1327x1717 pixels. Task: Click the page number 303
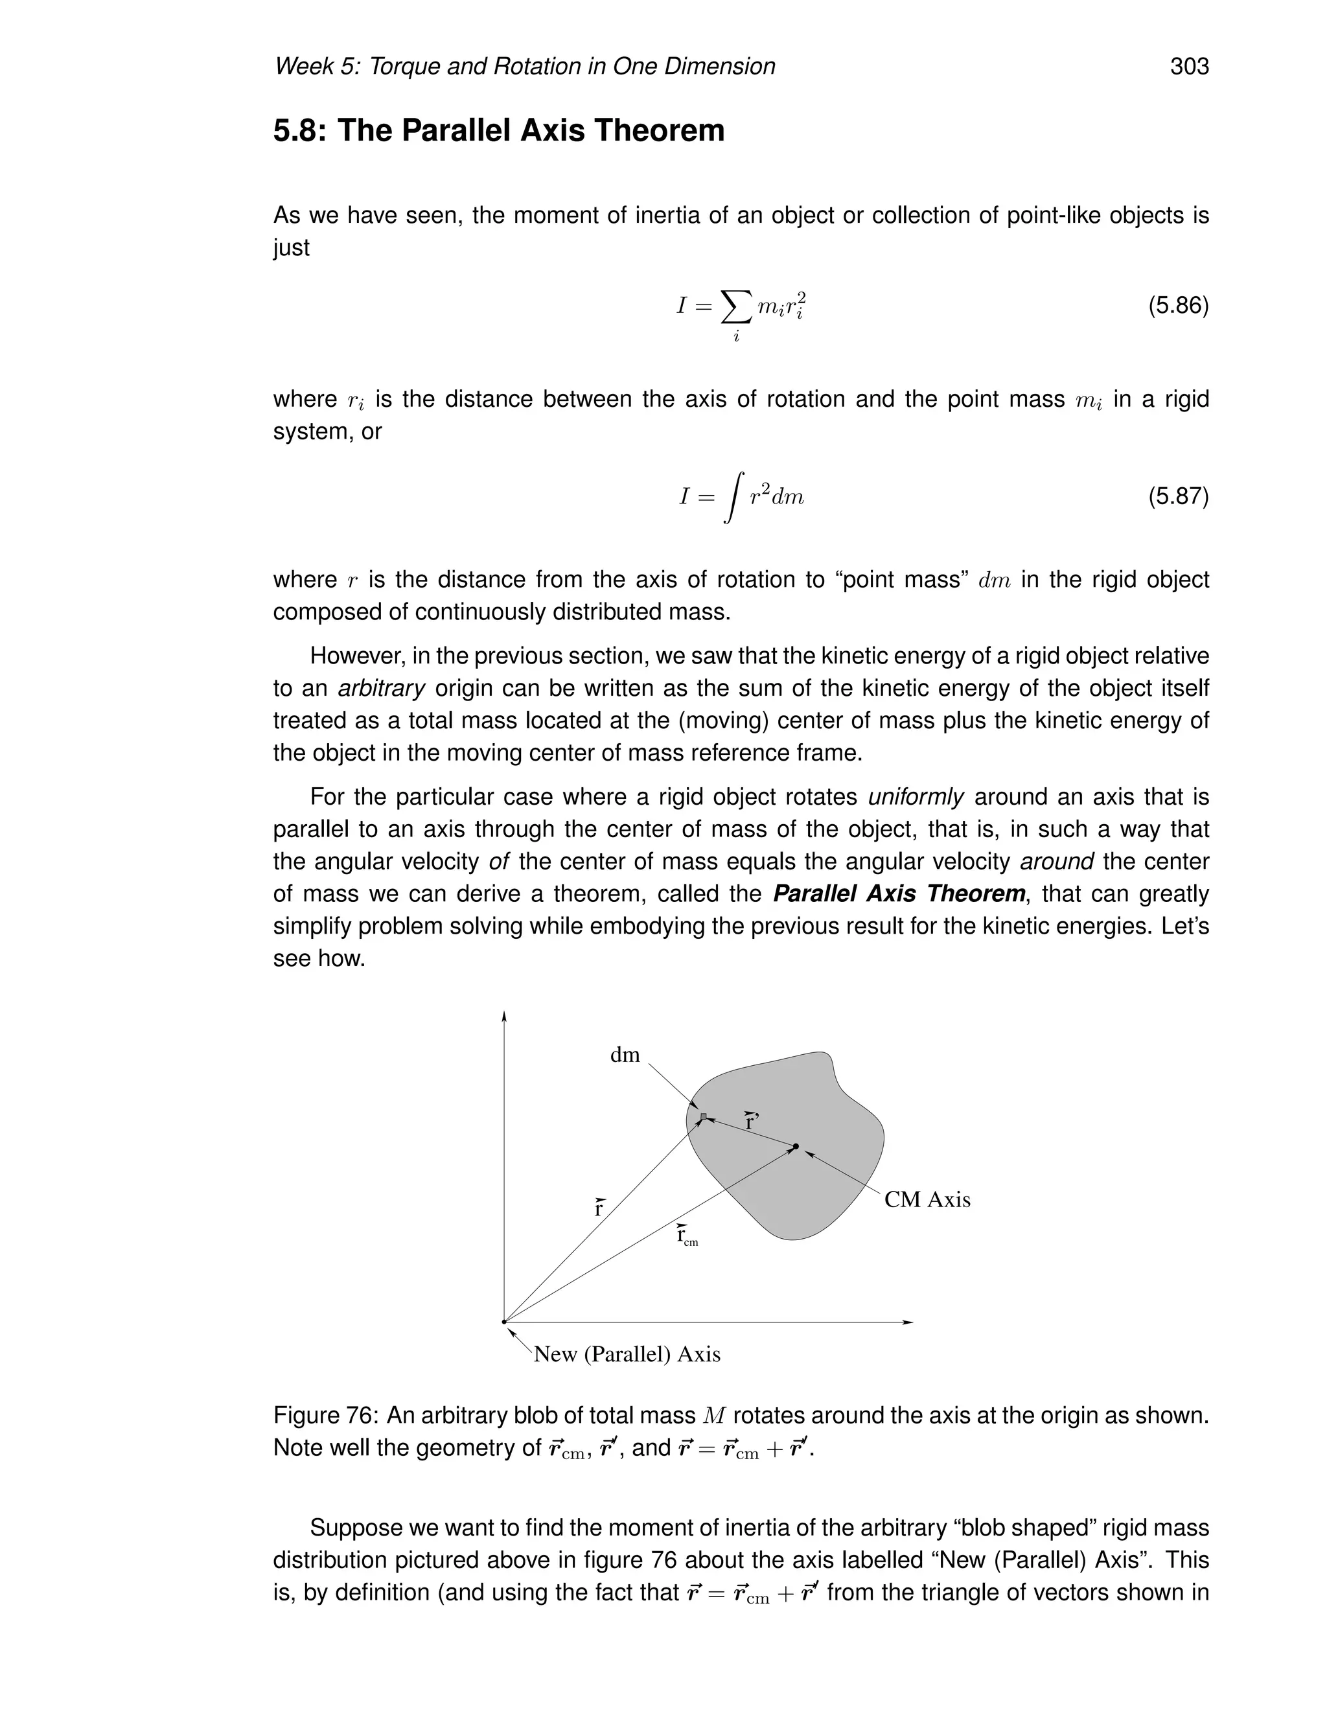1188,67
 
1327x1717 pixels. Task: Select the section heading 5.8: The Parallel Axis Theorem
498,130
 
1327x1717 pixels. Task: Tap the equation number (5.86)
1177,305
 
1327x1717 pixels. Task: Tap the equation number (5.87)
1177,496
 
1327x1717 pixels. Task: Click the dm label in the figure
625,1055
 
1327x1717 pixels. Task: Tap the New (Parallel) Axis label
627,1354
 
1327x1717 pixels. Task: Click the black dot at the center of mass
796,1146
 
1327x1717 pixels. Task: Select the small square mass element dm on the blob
704,1116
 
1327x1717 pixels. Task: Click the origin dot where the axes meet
504,1322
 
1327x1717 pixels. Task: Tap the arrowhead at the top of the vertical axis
504,1017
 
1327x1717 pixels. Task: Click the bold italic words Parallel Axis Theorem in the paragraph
899,894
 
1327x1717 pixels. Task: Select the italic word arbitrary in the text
381,689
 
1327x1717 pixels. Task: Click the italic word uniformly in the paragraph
915,797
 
